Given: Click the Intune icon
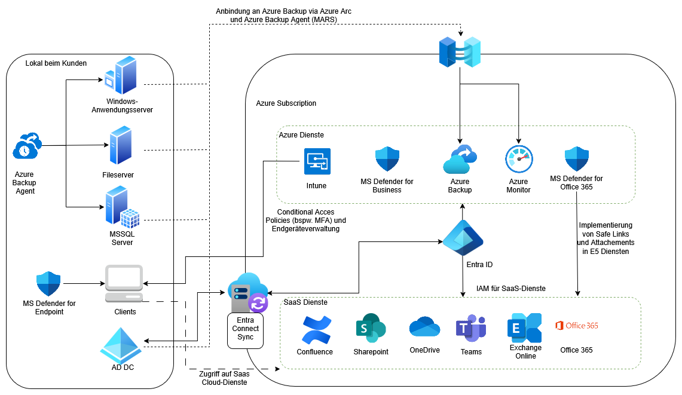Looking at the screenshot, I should tap(317, 161).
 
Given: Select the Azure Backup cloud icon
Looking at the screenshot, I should tap(460, 160).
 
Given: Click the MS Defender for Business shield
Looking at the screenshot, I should tap(387, 160).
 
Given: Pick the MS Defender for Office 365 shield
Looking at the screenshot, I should tap(577, 160).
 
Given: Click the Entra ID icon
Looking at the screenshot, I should tap(463, 238).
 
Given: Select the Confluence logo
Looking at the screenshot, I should tap(314, 329).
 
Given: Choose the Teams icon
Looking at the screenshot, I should tap(471, 329).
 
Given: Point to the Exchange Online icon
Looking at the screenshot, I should tap(524, 327).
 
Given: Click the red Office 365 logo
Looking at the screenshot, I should tap(576, 326).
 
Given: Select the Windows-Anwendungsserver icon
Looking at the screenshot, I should tap(121, 76).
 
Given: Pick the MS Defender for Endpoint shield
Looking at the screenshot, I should tap(49, 284).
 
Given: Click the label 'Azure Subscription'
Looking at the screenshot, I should tap(286, 103).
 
